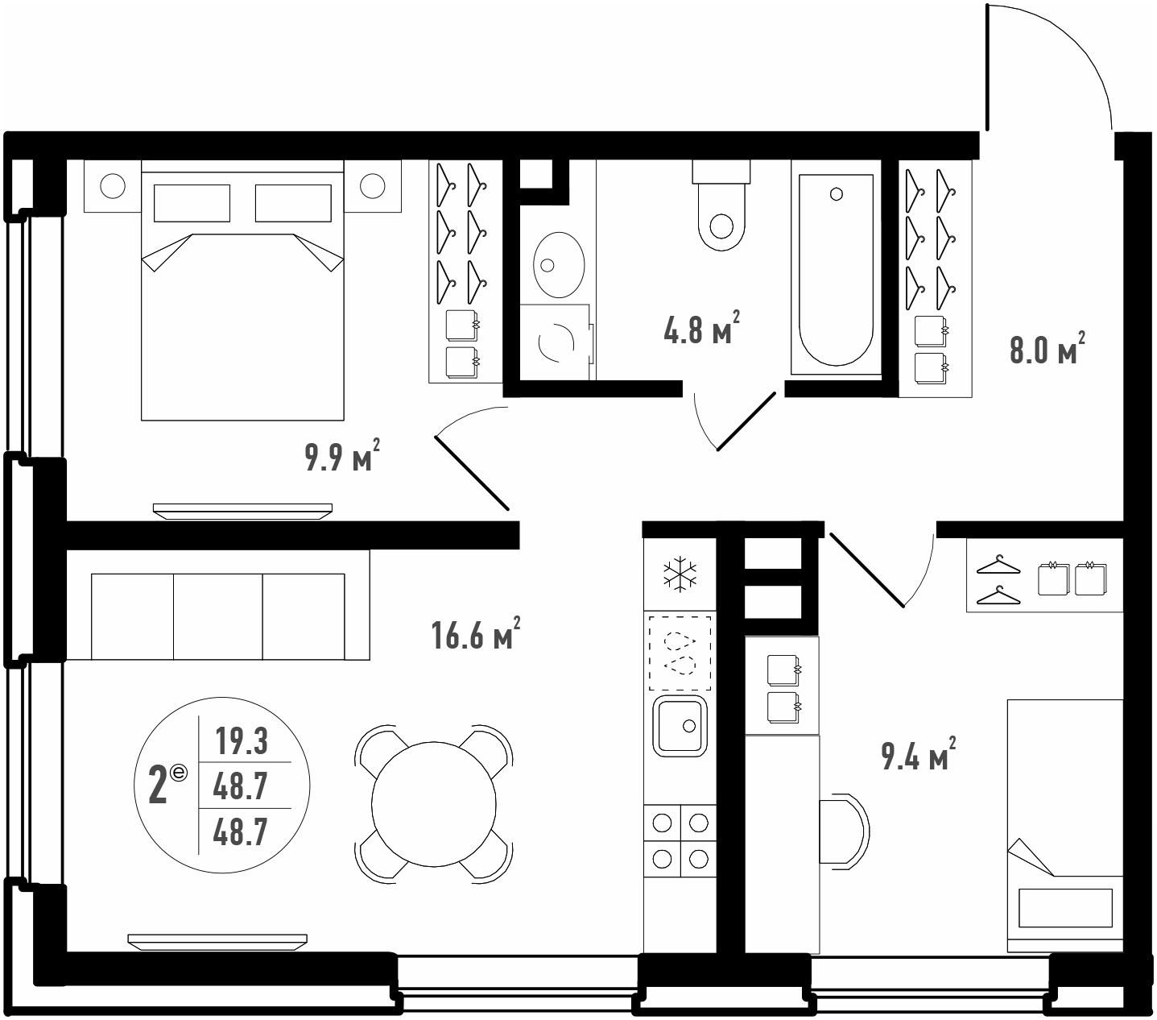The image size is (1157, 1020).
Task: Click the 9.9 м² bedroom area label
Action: (342, 457)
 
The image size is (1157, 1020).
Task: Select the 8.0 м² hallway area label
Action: (1047, 348)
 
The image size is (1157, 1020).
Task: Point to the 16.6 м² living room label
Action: (476, 633)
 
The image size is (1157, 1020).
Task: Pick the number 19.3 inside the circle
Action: (242, 742)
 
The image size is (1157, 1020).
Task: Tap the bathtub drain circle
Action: (837, 194)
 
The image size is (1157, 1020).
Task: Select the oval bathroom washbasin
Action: (559, 264)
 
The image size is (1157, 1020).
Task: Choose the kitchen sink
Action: (680, 726)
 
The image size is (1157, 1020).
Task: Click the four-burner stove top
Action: (680, 840)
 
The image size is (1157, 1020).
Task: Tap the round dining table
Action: (433, 804)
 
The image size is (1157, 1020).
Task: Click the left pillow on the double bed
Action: (192, 203)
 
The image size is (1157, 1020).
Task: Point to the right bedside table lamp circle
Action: (372, 186)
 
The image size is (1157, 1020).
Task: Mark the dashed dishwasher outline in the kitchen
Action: (680, 653)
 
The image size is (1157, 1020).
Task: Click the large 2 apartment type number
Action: (158, 786)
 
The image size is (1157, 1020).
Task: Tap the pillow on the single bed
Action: (1066, 907)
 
